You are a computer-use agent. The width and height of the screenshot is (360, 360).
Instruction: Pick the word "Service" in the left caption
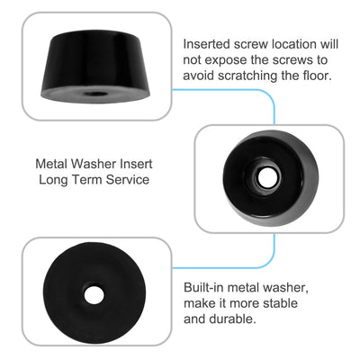click(127, 181)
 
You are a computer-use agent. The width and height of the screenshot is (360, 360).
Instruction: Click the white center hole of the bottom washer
click(93, 295)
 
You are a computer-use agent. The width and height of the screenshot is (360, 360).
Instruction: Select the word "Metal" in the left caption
click(54, 166)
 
